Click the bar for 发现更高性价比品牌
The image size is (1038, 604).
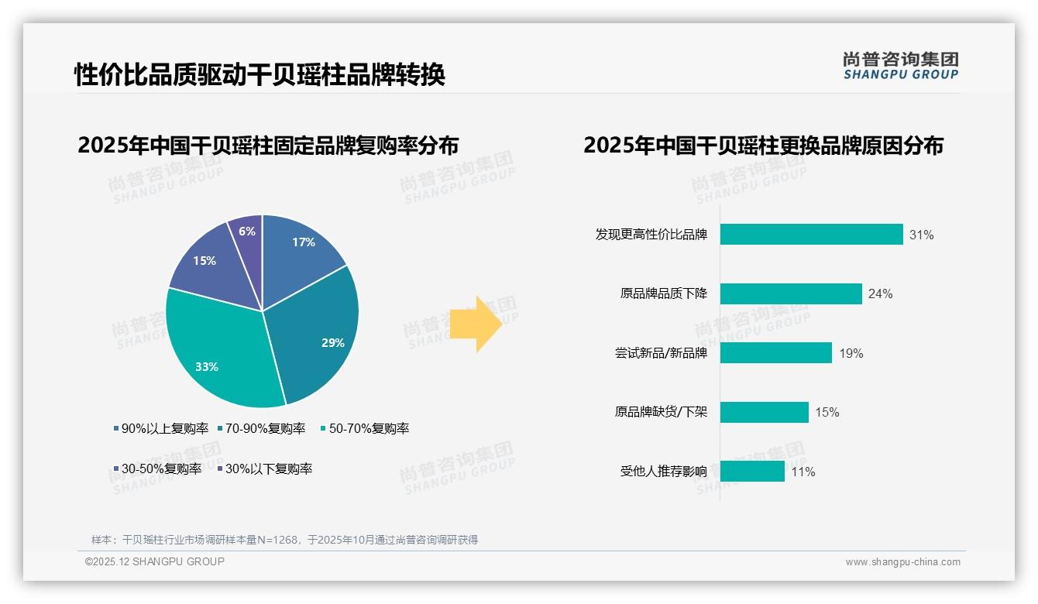point(811,234)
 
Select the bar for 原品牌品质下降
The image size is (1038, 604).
point(791,293)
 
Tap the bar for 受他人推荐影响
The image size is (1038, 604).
point(752,471)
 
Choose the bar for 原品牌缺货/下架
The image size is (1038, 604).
point(764,412)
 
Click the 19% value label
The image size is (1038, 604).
point(851,353)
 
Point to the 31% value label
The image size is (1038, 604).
point(922,235)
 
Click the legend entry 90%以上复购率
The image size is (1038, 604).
point(160,428)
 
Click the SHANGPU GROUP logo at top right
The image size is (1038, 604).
point(900,66)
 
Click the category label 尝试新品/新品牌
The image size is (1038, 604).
point(661,353)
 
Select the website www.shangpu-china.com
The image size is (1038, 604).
point(902,562)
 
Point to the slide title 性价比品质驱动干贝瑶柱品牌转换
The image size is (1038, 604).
point(259,75)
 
